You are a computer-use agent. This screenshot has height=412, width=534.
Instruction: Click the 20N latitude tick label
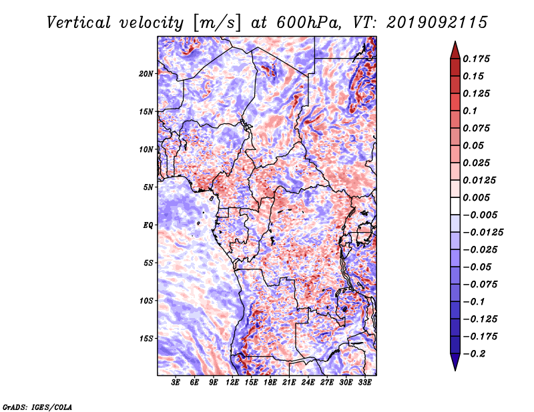[146, 74]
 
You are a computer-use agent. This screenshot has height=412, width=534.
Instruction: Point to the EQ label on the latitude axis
[148, 225]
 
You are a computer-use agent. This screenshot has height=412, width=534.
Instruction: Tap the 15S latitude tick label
[146, 339]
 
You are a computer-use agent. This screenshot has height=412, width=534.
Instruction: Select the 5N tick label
[148, 187]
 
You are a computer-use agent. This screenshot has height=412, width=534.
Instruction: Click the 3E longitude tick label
[176, 383]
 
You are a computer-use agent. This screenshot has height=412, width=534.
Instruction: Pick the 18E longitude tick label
[270, 383]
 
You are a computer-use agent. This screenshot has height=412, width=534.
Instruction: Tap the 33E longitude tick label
[364, 383]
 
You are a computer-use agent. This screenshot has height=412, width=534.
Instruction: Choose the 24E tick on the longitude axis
[308, 383]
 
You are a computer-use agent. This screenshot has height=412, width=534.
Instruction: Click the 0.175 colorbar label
[476, 59]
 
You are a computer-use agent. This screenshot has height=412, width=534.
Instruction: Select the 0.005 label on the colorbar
[476, 197]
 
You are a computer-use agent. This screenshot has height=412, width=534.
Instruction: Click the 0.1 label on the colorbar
[470, 111]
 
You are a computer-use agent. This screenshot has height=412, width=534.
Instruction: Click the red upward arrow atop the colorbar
[455, 51]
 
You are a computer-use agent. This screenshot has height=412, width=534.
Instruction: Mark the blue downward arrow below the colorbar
[455, 362]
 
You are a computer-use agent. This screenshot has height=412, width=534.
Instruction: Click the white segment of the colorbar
[455, 206]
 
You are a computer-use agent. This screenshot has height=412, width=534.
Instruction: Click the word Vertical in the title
[79, 23]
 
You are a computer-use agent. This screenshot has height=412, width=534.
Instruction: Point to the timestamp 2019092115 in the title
[437, 23]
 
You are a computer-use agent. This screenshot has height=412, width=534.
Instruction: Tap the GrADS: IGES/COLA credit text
[37, 407]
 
